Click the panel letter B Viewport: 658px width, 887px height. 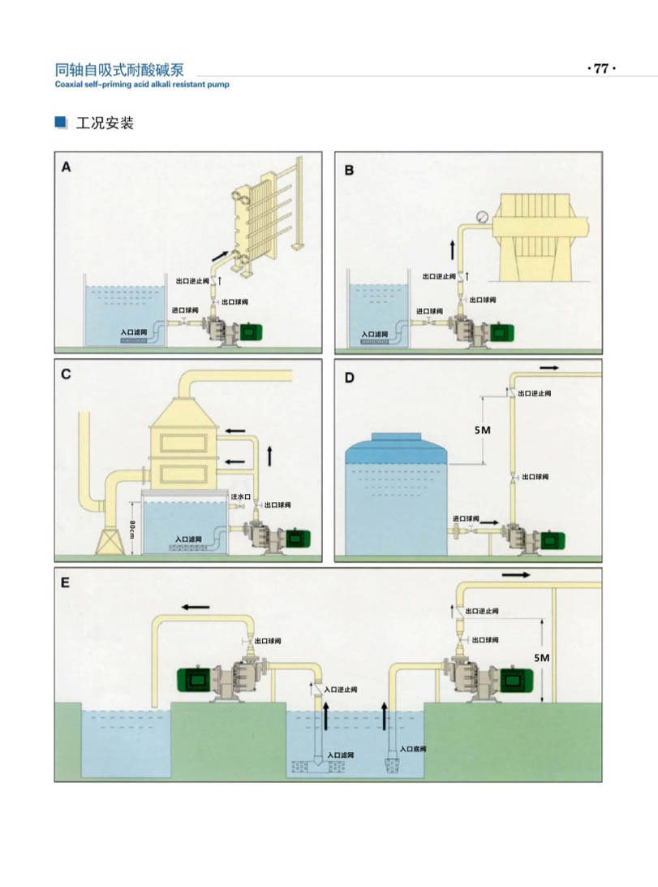click(349, 170)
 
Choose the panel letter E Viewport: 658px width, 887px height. click(66, 582)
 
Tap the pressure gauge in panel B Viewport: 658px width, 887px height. click(481, 217)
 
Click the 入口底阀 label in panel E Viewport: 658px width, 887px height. click(414, 749)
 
